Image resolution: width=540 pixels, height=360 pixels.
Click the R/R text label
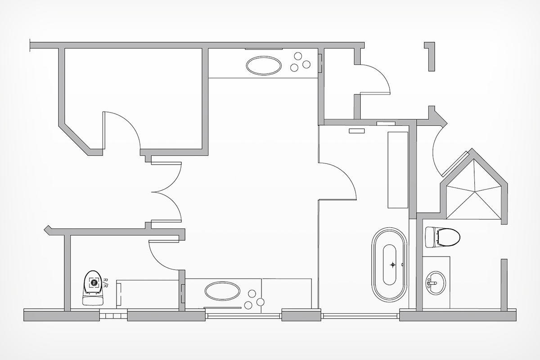click(x=106, y=283)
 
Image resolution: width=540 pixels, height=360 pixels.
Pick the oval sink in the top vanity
click(x=264, y=65)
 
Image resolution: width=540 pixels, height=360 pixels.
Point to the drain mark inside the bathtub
click(x=393, y=265)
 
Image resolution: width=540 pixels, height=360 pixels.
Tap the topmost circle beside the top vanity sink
click(x=298, y=56)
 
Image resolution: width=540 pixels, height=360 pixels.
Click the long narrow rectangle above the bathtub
click(x=398, y=170)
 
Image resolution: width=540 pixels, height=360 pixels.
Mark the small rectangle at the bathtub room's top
click(x=357, y=131)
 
